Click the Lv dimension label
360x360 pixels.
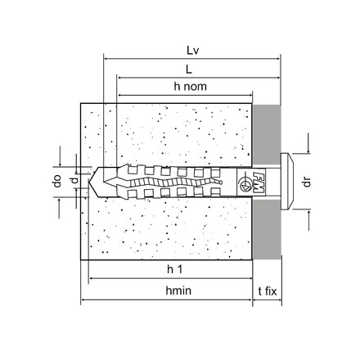(x=192, y=51)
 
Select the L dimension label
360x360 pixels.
(x=189, y=70)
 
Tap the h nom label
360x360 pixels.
(x=191, y=87)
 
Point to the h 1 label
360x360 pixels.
(x=174, y=269)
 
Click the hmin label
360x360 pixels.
(x=178, y=290)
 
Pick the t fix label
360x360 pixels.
(x=268, y=291)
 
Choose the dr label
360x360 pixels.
(x=307, y=182)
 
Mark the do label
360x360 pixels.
(x=57, y=181)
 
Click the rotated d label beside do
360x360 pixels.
(x=74, y=180)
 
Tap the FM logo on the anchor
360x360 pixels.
(x=259, y=182)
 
